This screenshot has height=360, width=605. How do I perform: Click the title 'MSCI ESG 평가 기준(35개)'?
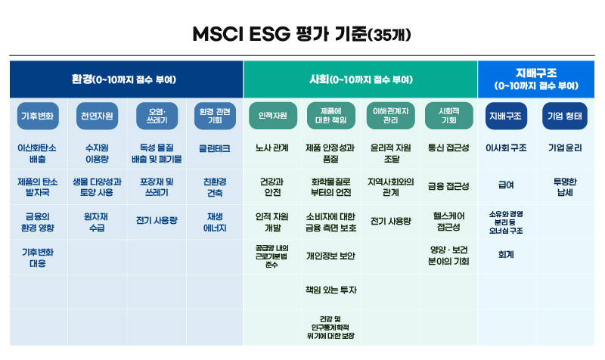tap(302, 34)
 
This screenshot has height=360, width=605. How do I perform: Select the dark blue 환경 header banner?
tap(126, 79)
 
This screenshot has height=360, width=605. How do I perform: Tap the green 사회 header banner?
tap(361, 79)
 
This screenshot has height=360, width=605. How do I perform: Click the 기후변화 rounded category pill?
tap(38, 116)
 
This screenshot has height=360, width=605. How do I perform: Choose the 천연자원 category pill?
tap(97, 116)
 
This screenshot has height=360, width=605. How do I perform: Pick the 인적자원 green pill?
tap(273, 116)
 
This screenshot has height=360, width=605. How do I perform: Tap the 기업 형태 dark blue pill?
tap(565, 116)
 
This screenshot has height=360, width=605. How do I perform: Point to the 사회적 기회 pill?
tap(448, 116)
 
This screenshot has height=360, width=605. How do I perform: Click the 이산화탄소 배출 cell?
tap(37, 154)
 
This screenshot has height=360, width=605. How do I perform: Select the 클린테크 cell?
tap(215, 148)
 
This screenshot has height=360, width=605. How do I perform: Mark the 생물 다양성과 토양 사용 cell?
tap(97, 187)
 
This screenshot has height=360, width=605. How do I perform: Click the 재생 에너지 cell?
tap(215, 222)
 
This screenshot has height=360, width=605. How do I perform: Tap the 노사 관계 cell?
tap(272, 147)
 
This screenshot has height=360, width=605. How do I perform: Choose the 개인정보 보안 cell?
tap(330, 256)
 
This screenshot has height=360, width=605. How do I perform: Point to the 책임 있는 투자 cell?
tap(331, 290)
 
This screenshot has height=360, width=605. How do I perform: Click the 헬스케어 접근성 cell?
tap(448, 222)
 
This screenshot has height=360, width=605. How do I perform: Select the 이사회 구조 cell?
tap(506, 147)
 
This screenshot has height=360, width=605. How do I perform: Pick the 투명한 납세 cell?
tap(565, 187)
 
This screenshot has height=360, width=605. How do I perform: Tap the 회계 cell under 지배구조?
tap(506, 255)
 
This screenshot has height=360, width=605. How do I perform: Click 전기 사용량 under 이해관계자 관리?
tap(390, 221)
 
